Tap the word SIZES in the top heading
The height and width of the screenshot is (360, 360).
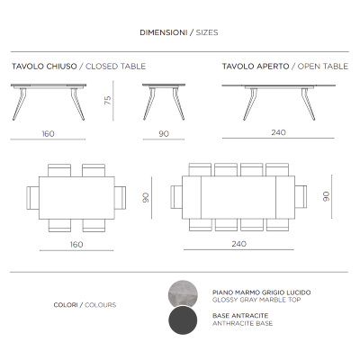[x=204, y=32]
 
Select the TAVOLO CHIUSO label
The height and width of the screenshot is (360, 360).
[x=44, y=67]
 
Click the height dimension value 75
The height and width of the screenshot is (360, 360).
[x=107, y=101]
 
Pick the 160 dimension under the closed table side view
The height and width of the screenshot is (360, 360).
[x=48, y=133]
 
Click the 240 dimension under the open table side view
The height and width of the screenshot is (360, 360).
[x=278, y=133]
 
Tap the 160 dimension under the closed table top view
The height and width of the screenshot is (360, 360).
[x=76, y=244]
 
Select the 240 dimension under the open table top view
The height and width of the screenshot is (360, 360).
[x=238, y=244]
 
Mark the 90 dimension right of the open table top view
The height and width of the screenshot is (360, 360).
[x=327, y=195]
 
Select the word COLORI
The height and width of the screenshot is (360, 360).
[x=68, y=305]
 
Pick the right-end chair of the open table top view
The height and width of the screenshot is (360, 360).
[x=301, y=196]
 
